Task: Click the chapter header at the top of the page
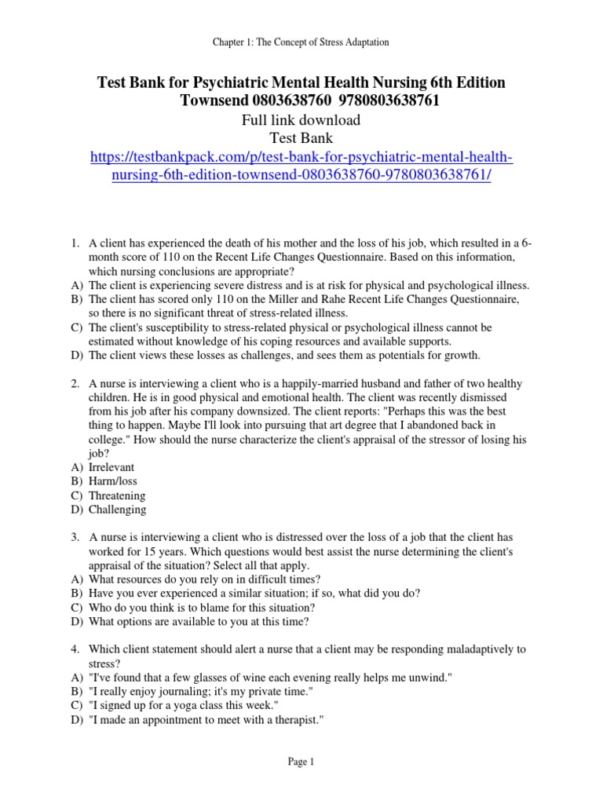pyautogui.click(x=301, y=41)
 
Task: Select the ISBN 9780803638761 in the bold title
pyautogui.click(x=377, y=101)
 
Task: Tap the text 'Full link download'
pyautogui.click(x=301, y=120)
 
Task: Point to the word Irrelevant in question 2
pyautogui.click(x=112, y=468)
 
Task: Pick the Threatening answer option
pyautogui.click(x=117, y=496)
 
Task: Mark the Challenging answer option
pyautogui.click(x=118, y=510)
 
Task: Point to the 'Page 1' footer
pyautogui.click(x=301, y=762)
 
